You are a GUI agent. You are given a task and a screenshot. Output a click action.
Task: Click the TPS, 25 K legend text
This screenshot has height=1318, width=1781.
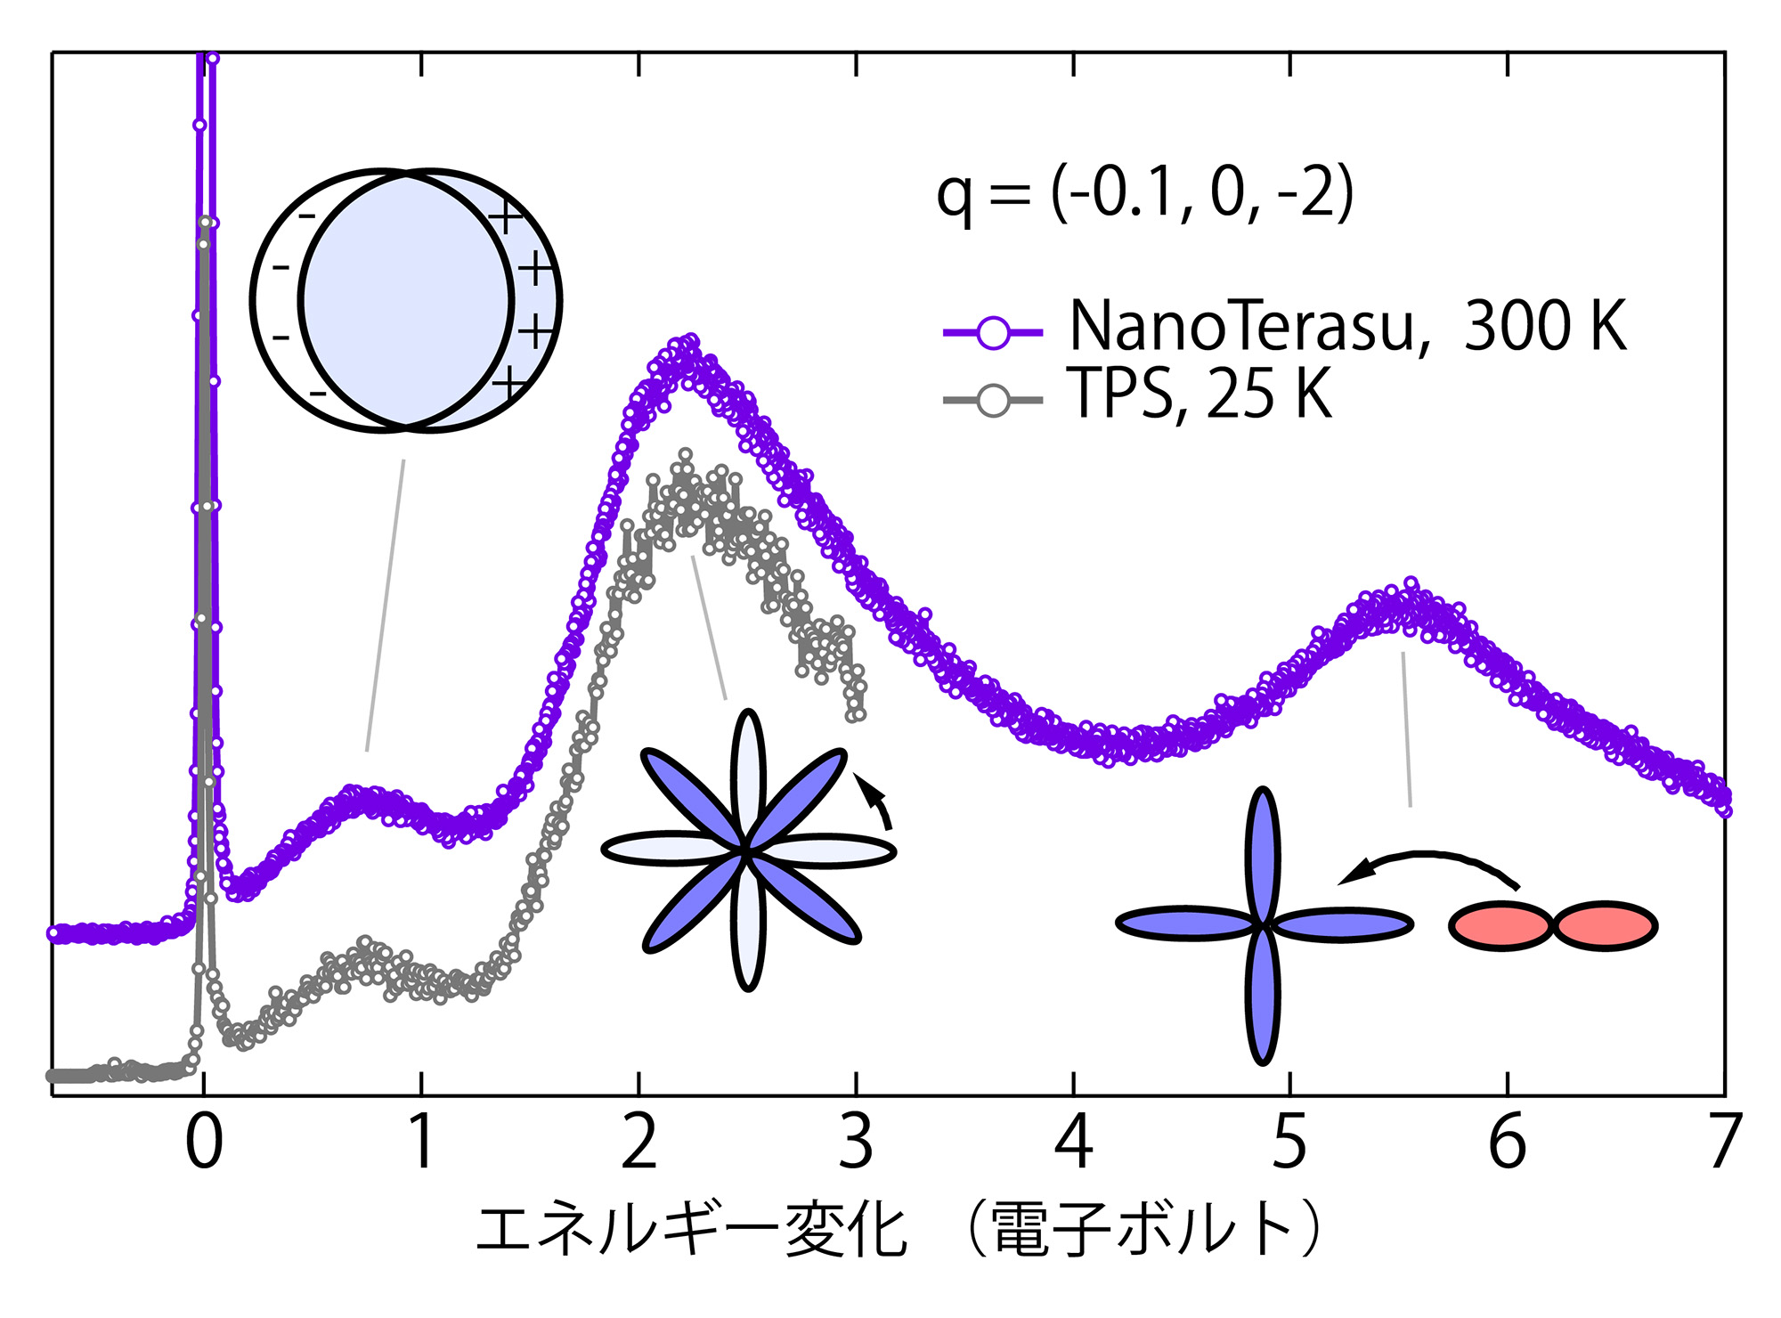point(1198,394)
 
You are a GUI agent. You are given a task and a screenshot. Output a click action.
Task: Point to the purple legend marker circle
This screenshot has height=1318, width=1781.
point(993,333)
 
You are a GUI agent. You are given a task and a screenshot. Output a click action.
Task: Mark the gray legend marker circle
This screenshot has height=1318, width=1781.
point(993,401)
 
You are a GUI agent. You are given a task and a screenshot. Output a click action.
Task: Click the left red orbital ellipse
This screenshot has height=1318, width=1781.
point(1501,926)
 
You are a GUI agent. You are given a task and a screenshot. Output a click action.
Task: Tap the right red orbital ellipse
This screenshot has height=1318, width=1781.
point(1606,926)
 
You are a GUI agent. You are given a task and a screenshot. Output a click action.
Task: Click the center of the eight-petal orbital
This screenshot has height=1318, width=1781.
point(747,851)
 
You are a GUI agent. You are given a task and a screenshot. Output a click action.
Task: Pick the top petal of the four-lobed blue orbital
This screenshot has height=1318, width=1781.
point(1262,855)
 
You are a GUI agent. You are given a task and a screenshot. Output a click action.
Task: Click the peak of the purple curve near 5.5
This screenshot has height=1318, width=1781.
point(1411,585)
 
